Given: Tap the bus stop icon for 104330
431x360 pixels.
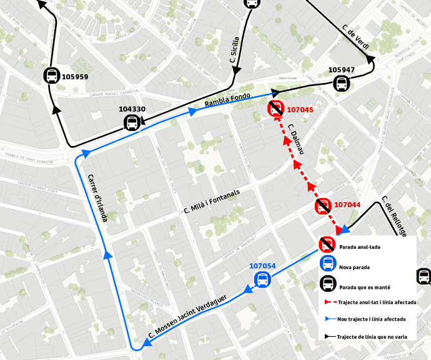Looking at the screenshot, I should point(132,122).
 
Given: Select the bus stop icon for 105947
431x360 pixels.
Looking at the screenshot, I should point(342,83).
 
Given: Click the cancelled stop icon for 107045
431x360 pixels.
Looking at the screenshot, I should point(275,110).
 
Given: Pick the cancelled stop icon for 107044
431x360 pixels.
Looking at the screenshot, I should point(323,207).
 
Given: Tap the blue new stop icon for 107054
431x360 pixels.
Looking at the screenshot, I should point(262,280).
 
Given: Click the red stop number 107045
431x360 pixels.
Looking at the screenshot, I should point(300,110).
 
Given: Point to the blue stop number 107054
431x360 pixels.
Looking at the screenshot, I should point(262,266).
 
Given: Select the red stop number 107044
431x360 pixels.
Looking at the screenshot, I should point(347,205).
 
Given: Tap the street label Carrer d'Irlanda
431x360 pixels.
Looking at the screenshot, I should point(97,197).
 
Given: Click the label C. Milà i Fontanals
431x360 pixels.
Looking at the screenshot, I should point(212,202).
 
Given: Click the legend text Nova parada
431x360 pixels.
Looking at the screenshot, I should point(355,267).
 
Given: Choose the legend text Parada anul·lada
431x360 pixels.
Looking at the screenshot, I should point(360,247).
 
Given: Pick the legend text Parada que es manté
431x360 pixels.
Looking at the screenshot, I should point(364,288).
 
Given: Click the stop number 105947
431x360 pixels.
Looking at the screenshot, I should point(341,69).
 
